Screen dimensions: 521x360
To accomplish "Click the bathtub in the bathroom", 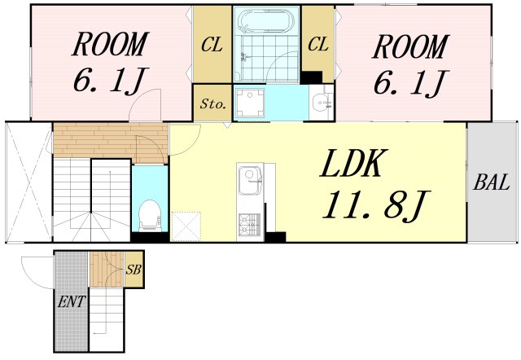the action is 267,20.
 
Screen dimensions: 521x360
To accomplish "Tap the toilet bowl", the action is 150,215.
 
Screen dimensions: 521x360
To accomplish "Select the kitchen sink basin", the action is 250,181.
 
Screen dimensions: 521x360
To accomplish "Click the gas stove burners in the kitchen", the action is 250,225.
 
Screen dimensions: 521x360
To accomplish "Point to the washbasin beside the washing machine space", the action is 321,102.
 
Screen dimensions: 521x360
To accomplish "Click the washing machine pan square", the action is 249,103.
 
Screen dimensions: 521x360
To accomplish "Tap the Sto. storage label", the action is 213,104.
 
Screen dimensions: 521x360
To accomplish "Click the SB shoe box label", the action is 134,270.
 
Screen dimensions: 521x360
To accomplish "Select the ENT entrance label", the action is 71,302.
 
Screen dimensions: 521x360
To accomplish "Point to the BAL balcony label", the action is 492,182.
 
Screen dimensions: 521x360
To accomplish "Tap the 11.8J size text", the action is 376,204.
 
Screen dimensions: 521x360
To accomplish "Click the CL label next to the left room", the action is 212,45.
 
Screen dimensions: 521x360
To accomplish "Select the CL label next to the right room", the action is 318,44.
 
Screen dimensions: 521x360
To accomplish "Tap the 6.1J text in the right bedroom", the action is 411,82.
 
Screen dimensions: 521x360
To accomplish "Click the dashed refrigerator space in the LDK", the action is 186,226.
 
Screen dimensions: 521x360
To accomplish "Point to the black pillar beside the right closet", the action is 311,77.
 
